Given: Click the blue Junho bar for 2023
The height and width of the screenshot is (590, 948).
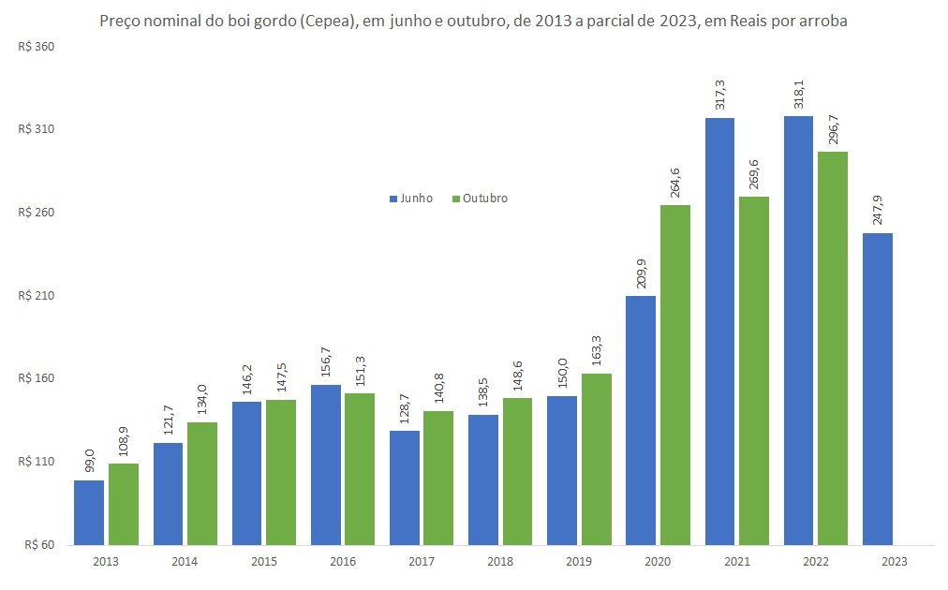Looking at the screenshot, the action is pos(877,389).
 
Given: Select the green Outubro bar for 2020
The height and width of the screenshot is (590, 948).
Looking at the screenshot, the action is pos(675,375).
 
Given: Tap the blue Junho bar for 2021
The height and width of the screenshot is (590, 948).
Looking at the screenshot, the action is pos(719,332).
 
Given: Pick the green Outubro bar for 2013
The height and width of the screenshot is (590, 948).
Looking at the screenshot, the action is pos(124,504).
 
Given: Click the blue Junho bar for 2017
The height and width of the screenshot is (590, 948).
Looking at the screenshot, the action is pos(405,488).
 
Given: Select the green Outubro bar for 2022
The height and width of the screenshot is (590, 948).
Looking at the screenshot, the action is pos(833,348).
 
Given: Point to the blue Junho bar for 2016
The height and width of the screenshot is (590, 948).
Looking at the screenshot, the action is pos(326,465).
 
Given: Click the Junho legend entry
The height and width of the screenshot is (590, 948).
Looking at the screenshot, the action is pos(411,199).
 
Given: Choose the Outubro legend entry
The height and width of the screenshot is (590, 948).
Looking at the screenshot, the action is pos(480,199).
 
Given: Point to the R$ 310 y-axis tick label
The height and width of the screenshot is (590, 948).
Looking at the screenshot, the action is pos(37,129).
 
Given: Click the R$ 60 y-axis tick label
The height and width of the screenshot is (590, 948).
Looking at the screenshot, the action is pos(39,545).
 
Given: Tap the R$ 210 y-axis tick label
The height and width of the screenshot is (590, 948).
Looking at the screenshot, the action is pos(37,296).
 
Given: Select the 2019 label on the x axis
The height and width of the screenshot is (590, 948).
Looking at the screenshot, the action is pos(579,562).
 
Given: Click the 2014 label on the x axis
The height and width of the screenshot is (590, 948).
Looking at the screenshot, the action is pos(185,562).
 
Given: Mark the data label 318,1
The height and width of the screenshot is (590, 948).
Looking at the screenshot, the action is pos(799,95).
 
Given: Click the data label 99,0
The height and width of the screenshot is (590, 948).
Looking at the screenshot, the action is pos(89,462).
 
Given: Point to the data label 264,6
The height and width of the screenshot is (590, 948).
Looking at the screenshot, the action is pos(674,184).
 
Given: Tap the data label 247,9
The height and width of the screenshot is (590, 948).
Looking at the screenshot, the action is pos(877,211).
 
